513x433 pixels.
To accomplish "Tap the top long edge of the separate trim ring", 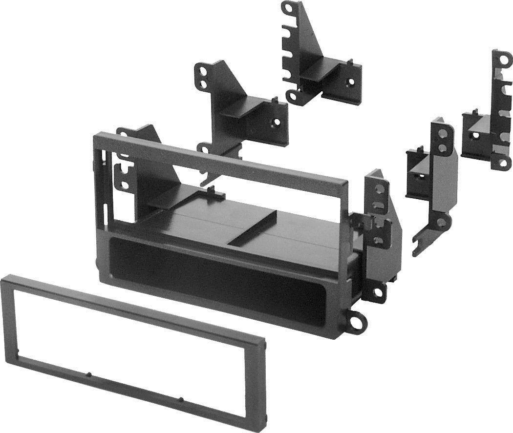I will pos(132,308).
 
